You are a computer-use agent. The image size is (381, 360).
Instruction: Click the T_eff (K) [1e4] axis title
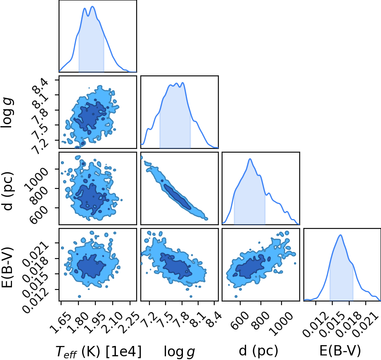click(x=98, y=351)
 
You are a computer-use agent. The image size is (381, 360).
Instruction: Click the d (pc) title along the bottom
click(x=258, y=351)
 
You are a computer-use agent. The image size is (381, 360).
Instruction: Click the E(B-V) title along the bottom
click(x=340, y=351)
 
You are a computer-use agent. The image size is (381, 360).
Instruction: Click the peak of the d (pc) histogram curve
click(x=250, y=159)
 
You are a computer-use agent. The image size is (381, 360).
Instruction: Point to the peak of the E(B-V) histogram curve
click(x=341, y=235)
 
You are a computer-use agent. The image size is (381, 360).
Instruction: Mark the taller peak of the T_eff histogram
click(x=92, y=6)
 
